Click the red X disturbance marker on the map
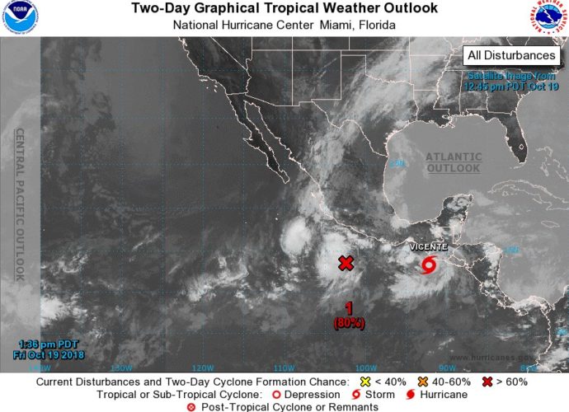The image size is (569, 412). pyautogui.click(x=346, y=263)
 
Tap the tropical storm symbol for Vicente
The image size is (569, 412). pyautogui.click(x=429, y=265)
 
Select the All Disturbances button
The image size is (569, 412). pyautogui.click(x=510, y=55)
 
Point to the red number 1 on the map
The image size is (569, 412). pyautogui.click(x=348, y=308)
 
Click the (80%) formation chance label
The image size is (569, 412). pyautogui.click(x=348, y=323)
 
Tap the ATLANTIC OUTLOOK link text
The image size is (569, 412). pyautogui.click(x=453, y=162)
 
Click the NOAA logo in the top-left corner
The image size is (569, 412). pyautogui.click(x=17, y=16)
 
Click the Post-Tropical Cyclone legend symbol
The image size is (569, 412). pyautogui.click(x=191, y=407)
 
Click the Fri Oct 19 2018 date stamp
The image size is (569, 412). pyautogui.click(x=51, y=355)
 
